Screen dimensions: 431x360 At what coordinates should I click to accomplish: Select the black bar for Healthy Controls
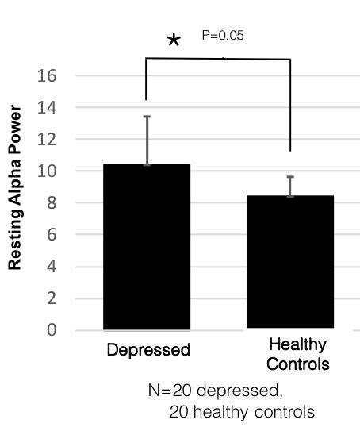coord(289,262)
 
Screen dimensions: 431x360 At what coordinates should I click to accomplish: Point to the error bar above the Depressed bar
coord(146,140)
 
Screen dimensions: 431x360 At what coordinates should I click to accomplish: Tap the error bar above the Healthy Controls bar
coord(290,186)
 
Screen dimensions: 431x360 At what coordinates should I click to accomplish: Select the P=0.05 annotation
coord(224,36)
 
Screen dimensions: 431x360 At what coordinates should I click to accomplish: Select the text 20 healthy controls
coord(242,412)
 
